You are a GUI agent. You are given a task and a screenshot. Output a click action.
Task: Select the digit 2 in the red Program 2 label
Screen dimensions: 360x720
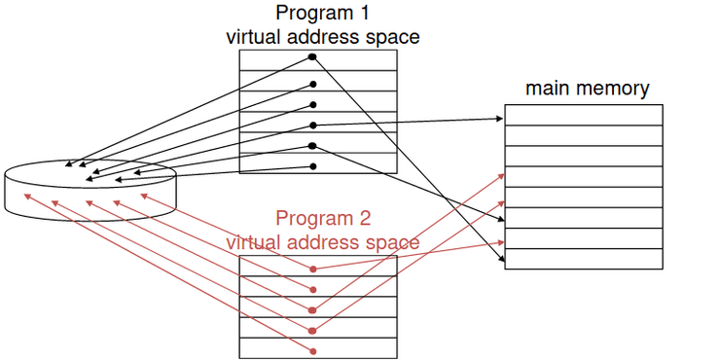coord(365,218)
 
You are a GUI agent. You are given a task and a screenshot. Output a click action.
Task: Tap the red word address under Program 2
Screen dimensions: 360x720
coord(325,241)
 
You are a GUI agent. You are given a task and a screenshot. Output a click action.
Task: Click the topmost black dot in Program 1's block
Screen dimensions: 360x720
coord(312,58)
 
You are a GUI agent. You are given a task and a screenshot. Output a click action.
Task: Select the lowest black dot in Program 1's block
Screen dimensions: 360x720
coord(312,166)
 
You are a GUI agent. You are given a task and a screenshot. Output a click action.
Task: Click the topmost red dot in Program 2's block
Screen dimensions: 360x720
coord(312,269)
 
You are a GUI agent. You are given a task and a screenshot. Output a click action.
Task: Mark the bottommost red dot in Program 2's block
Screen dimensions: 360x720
coord(312,350)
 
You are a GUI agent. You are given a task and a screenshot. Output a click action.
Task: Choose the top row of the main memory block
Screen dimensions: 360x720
coord(583,115)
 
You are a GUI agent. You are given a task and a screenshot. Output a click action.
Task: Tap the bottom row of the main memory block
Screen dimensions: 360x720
coord(583,259)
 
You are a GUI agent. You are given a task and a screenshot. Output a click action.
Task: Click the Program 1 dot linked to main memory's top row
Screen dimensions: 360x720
coord(312,125)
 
